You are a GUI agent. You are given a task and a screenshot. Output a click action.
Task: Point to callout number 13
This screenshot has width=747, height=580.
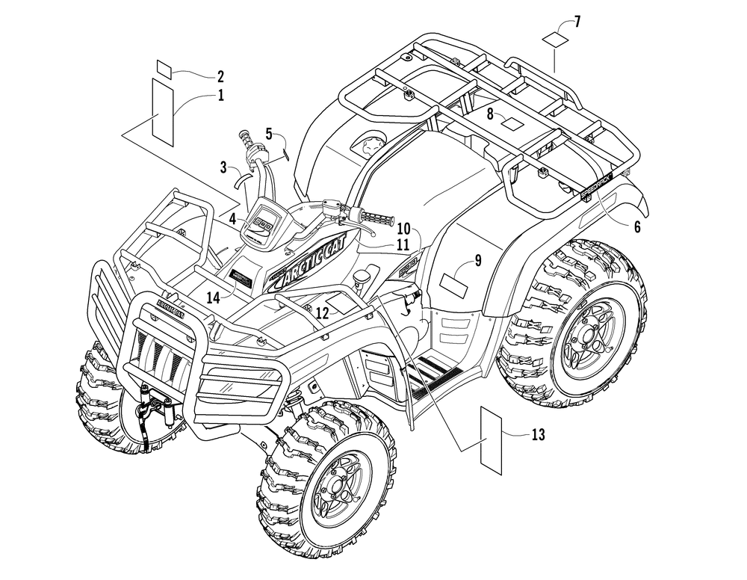point(538,434)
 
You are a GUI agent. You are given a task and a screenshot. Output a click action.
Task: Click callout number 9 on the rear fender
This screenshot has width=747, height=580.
point(477,260)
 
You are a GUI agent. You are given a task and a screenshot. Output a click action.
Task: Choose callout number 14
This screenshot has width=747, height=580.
point(214,297)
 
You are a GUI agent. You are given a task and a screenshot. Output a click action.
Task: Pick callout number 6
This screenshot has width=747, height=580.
point(636,227)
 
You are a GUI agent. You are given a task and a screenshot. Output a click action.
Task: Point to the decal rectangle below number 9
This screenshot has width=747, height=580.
point(456,283)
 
